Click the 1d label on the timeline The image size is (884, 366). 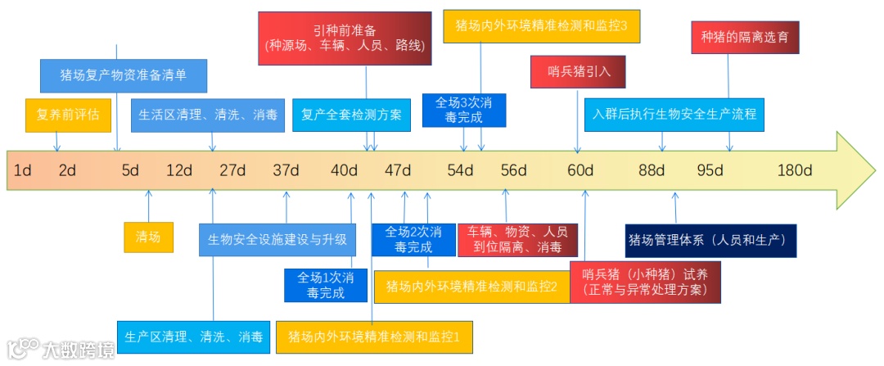(23, 170)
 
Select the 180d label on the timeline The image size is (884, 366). (794, 170)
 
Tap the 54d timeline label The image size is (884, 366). (460, 170)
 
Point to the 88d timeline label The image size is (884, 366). (652, 170)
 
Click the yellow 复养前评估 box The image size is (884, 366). (68, 115)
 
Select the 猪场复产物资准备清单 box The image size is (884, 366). (124, 75)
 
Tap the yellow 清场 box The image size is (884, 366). (148, 237)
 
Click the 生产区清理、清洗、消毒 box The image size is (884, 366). (193, 337)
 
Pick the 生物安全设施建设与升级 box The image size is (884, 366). (277, 240)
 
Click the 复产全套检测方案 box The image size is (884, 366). (352, 115)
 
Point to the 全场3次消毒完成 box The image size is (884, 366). (464, 110)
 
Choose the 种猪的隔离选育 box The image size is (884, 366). (745, 38)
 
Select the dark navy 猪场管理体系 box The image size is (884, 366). (710, 240)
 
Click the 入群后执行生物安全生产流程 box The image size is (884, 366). (674, 114)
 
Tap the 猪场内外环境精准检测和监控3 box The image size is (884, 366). (541, 25)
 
